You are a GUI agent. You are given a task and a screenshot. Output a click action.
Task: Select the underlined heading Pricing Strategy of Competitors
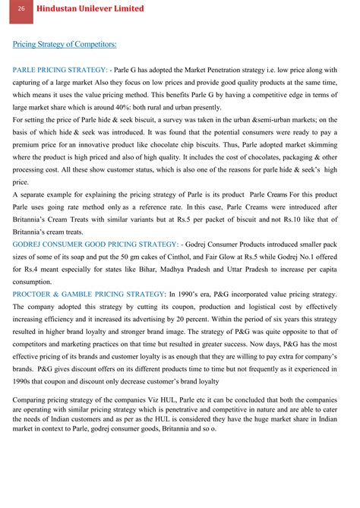(x=65, y=45)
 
